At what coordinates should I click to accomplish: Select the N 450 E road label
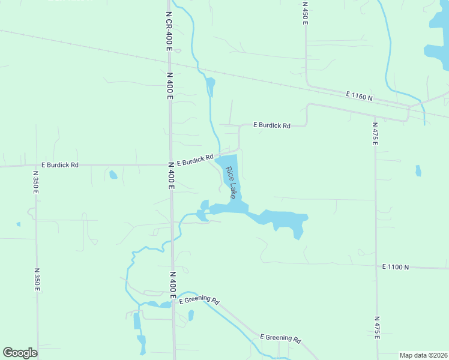[x=305, y=13]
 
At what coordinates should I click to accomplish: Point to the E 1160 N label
[x=359, y=96]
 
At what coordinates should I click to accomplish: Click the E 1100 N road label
[x=395, y=266]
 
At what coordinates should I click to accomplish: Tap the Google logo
[x=20, y=353]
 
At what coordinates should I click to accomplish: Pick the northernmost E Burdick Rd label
[x=271, y=125]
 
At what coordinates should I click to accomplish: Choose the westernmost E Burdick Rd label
[x=59, y=164]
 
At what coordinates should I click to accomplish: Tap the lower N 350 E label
[x=37, y=280]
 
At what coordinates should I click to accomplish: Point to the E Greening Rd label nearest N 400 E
[x=199, y=301]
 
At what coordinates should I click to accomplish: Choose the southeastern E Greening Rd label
[x=280, y=338]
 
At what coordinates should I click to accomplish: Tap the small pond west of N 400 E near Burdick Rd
[x=113, y=175]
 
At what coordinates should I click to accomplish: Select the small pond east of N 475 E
[x=418, y=171]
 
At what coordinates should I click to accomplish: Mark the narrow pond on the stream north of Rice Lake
[x=210, y=87]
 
